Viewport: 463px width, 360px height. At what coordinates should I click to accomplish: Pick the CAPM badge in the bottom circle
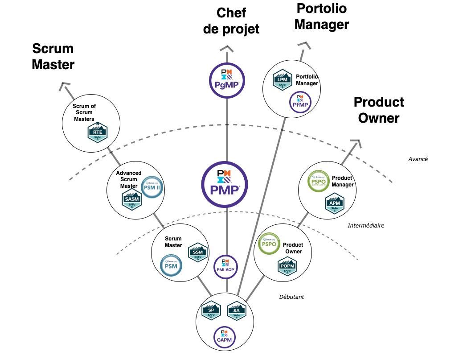[225, 336]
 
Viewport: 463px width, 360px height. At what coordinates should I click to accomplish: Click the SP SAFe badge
[211, 311]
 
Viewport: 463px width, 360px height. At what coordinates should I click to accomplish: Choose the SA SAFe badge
[237, 311]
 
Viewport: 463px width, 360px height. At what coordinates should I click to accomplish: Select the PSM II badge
[152, 187]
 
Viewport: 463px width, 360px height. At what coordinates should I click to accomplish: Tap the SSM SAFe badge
[198, 253]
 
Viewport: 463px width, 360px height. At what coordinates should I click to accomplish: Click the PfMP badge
[299, 102]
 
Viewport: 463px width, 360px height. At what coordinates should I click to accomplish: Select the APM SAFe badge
[335, 203]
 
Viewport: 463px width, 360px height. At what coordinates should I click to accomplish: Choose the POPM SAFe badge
[287, 267]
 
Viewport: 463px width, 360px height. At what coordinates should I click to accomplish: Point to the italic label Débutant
[291, 297]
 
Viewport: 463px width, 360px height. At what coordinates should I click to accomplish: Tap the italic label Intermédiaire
[365, 226]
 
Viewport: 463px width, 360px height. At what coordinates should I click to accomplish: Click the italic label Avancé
[418, 159]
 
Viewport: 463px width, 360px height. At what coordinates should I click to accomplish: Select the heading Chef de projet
[231, 21]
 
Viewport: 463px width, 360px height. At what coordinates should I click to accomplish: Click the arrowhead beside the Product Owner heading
[355, 144]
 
